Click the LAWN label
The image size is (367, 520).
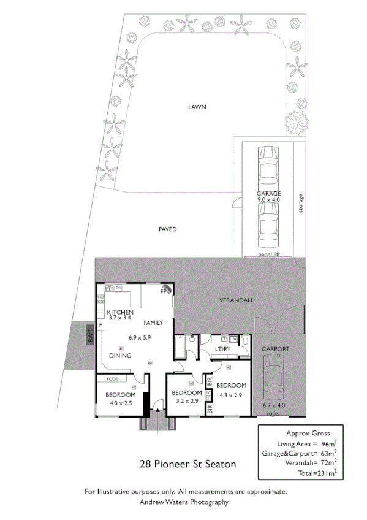(x=197, y=107)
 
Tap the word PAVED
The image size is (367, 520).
(x=167, y=229)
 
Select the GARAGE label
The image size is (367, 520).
(x=268, y=193)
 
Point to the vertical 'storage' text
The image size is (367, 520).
(x=300, y=204)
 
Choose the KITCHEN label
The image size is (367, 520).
(x=120, y=312)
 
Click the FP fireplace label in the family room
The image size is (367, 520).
(x=164, y=292)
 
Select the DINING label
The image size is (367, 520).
(x=119, y=355)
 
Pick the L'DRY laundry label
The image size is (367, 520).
(x=222, y=350)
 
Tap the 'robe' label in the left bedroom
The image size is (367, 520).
(x=112, y=379)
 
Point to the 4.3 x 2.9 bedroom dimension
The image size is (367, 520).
(x=232, y=395)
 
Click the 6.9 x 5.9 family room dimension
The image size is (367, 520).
(x=139, y=337)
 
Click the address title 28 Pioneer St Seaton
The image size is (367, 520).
(x=188, y=464)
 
